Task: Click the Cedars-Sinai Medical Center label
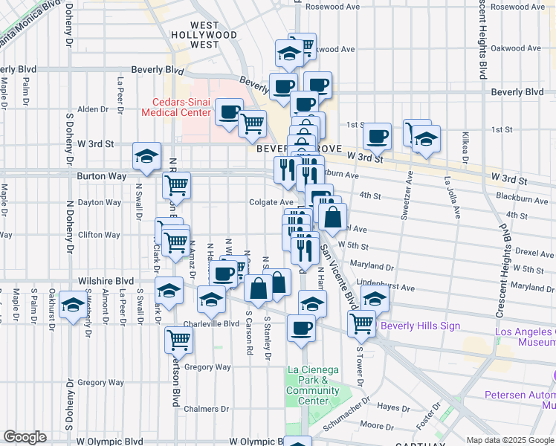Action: click(x=175, y=107)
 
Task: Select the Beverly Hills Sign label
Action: click(x=420, y=326)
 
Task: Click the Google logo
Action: click(x=25, y=437)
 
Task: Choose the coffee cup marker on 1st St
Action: click(x=378, y=136)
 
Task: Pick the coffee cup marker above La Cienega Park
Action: click(x=301, y=326)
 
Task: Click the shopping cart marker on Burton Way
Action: click(x=177, y=184)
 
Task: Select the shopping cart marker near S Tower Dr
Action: click(x=361, y=322)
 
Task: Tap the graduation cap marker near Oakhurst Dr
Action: click(x=73, y=305)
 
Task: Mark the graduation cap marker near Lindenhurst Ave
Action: click(x=375, y=299)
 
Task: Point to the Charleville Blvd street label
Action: click(x=213, y=323)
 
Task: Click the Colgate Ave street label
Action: click(x=271, y=201)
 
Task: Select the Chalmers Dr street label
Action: click(x=209, y=409)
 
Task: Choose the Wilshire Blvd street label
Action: click(x=106, y=281)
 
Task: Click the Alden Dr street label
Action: click(x=94, y=109)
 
